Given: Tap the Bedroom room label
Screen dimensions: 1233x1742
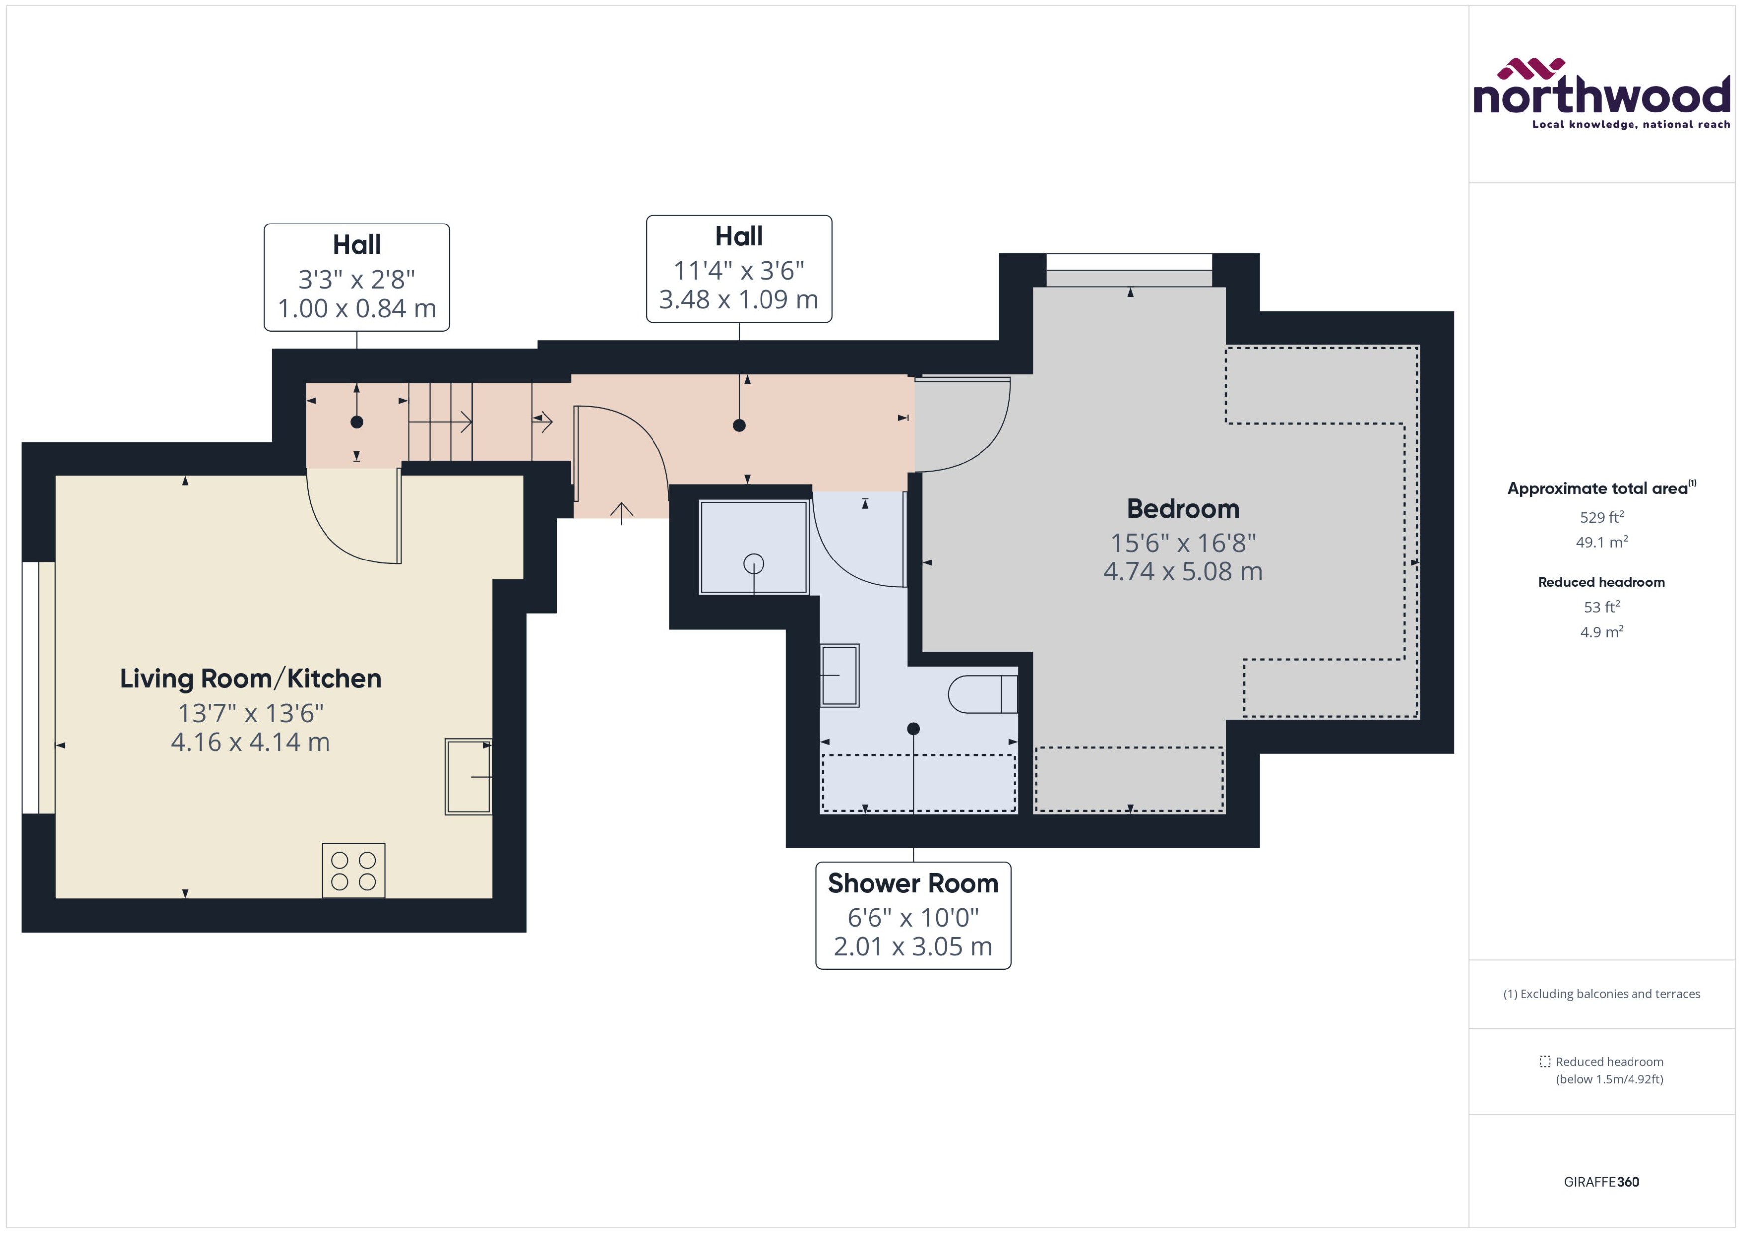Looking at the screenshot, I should click(1183, 509).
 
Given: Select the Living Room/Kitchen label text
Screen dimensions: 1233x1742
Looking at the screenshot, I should click(250, 678).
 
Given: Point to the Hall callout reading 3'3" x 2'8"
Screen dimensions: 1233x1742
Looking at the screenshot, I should click(357, 277).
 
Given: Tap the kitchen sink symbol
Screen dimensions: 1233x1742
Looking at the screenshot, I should click(468, 777).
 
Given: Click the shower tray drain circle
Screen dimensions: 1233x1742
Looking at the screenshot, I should click(754, 563).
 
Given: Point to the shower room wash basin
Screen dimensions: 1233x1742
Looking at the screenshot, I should click(840, 675).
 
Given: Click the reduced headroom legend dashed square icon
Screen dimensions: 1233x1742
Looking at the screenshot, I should click(1544, 1061).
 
